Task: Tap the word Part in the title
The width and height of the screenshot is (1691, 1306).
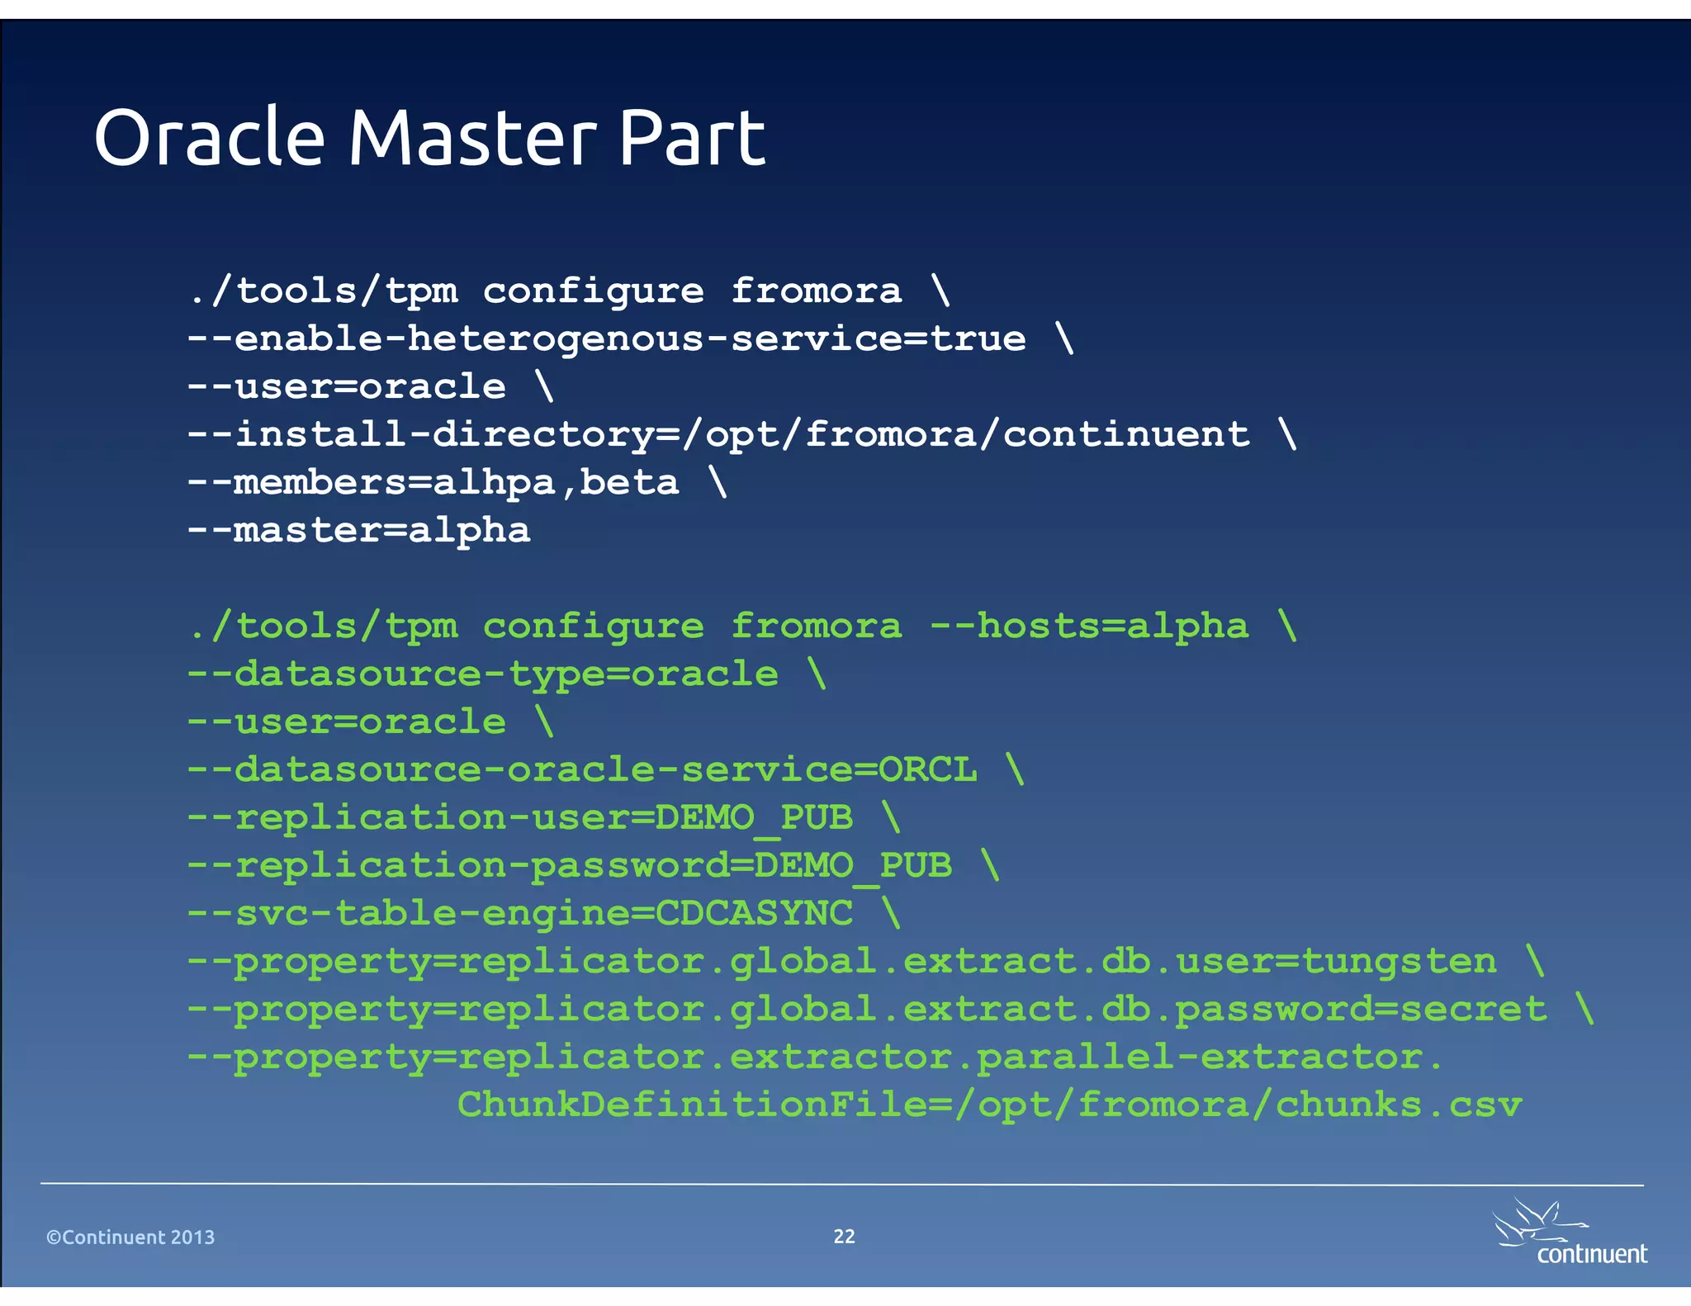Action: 692,138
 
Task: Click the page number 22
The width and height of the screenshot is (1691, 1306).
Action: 844,1236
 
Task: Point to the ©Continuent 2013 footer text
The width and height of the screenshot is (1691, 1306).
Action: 130,1237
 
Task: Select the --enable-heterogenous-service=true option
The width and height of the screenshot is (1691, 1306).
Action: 606,339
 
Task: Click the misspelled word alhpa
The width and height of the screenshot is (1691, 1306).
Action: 494,483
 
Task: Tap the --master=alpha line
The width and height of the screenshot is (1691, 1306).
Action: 358,531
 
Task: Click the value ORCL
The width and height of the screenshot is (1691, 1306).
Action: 927,770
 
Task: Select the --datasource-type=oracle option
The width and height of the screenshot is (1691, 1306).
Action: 482,674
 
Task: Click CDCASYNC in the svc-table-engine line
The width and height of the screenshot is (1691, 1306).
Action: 754,914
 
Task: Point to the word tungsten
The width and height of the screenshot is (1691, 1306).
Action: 1399,962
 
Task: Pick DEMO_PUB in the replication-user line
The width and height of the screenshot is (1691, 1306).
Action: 754,818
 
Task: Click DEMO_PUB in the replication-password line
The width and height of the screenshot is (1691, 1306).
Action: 853,866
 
